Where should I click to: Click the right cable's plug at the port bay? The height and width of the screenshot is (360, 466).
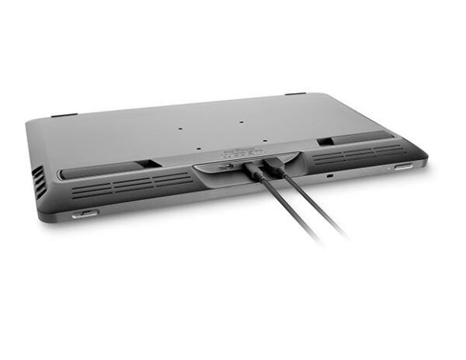(274, 167)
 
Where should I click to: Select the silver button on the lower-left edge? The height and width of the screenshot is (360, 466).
(85, 213)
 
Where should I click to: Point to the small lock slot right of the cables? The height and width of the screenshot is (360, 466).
(330, 177)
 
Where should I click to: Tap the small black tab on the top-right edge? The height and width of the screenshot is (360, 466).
(294, 95)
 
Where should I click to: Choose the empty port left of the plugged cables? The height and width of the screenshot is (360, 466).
(225, 166)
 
